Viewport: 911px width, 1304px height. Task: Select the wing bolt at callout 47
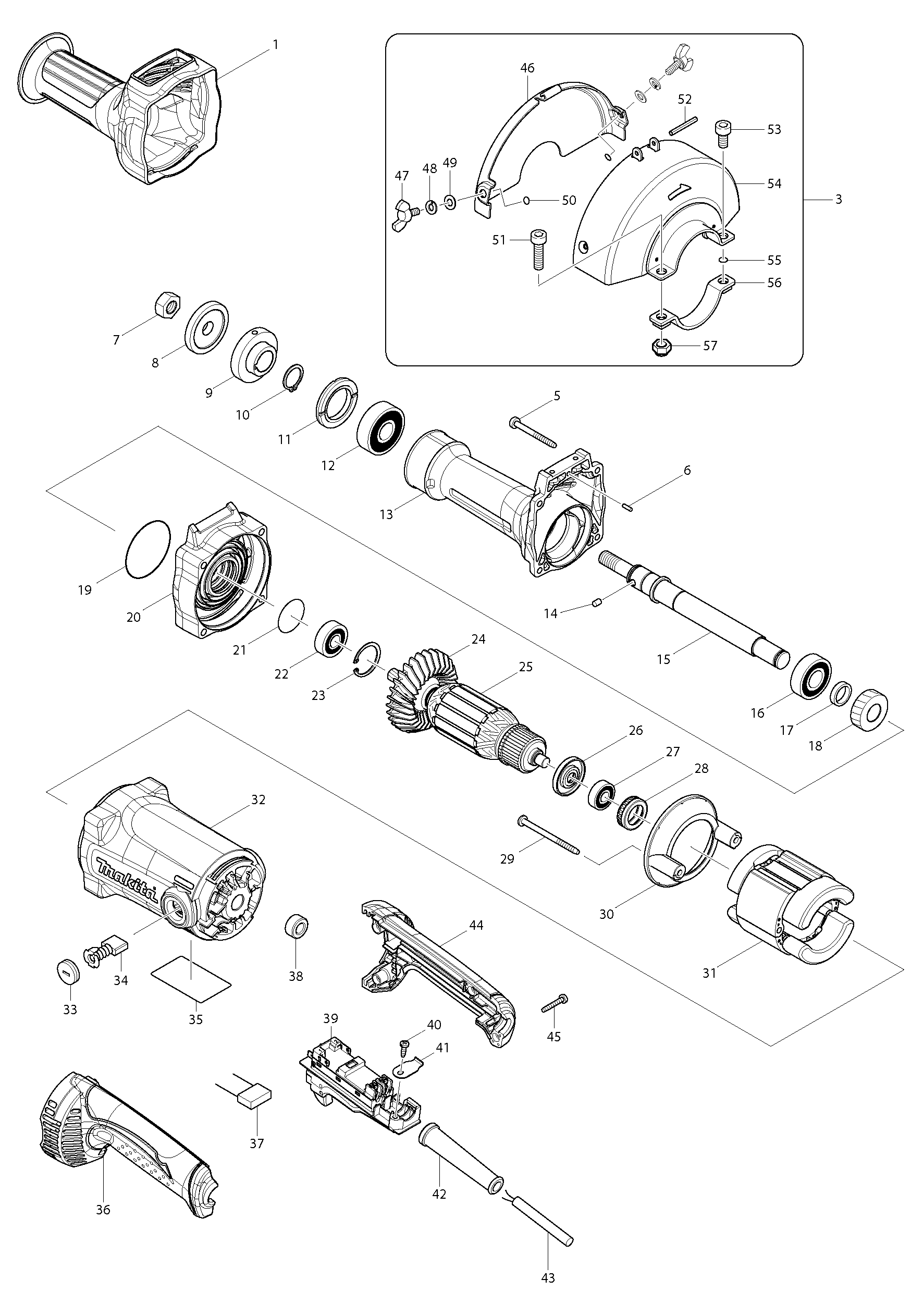(x=405, y=215)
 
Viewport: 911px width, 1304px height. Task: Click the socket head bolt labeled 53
(x=722, y=133)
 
